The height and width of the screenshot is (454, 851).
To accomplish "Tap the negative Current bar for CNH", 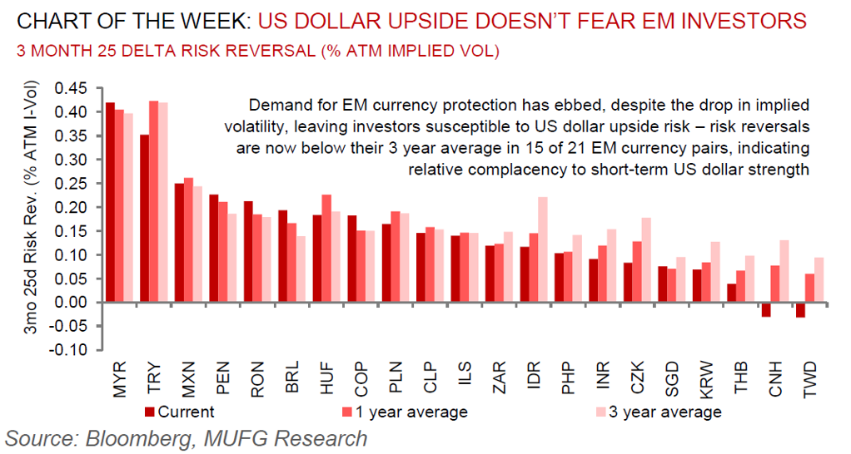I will [766, 309].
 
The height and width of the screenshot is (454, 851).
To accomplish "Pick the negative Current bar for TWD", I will [800, 309].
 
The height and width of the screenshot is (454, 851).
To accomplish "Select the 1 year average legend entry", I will [408, 412].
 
